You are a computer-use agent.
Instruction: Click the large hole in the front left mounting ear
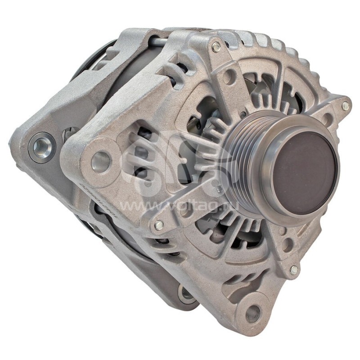100,160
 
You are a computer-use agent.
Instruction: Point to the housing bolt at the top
216,46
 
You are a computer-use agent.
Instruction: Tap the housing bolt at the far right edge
345,106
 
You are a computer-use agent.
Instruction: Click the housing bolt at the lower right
293,270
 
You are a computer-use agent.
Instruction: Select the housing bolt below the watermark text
158,225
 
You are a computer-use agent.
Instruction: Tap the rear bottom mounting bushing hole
187,293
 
